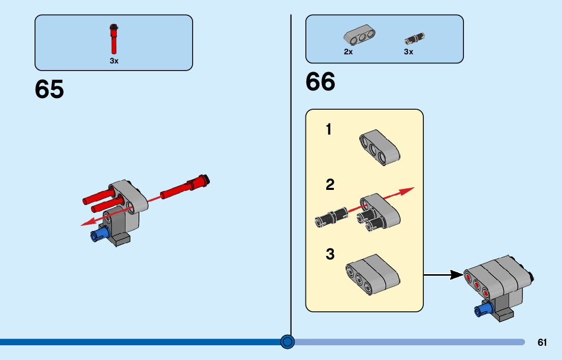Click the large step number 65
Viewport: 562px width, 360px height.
point(49,89)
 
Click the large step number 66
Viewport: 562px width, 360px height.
point(321,82)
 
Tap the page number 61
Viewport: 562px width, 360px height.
point(542,343)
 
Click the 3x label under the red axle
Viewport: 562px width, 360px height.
point(114,61)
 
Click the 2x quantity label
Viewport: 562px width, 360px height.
point(348,52)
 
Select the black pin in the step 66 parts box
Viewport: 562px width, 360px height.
point(414,38)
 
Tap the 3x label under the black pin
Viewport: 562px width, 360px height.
point(409,52)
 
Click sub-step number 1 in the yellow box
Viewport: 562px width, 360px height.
point(329,130)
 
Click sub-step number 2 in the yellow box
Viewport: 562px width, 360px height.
point(330,185)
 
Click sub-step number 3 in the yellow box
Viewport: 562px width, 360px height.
point(330,254)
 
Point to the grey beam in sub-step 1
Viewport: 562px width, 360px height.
point(380,147)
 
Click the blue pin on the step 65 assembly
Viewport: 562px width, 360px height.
point(100,234)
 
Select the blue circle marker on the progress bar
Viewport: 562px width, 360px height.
point(288,342)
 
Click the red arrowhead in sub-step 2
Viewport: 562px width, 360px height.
point(407,191)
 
